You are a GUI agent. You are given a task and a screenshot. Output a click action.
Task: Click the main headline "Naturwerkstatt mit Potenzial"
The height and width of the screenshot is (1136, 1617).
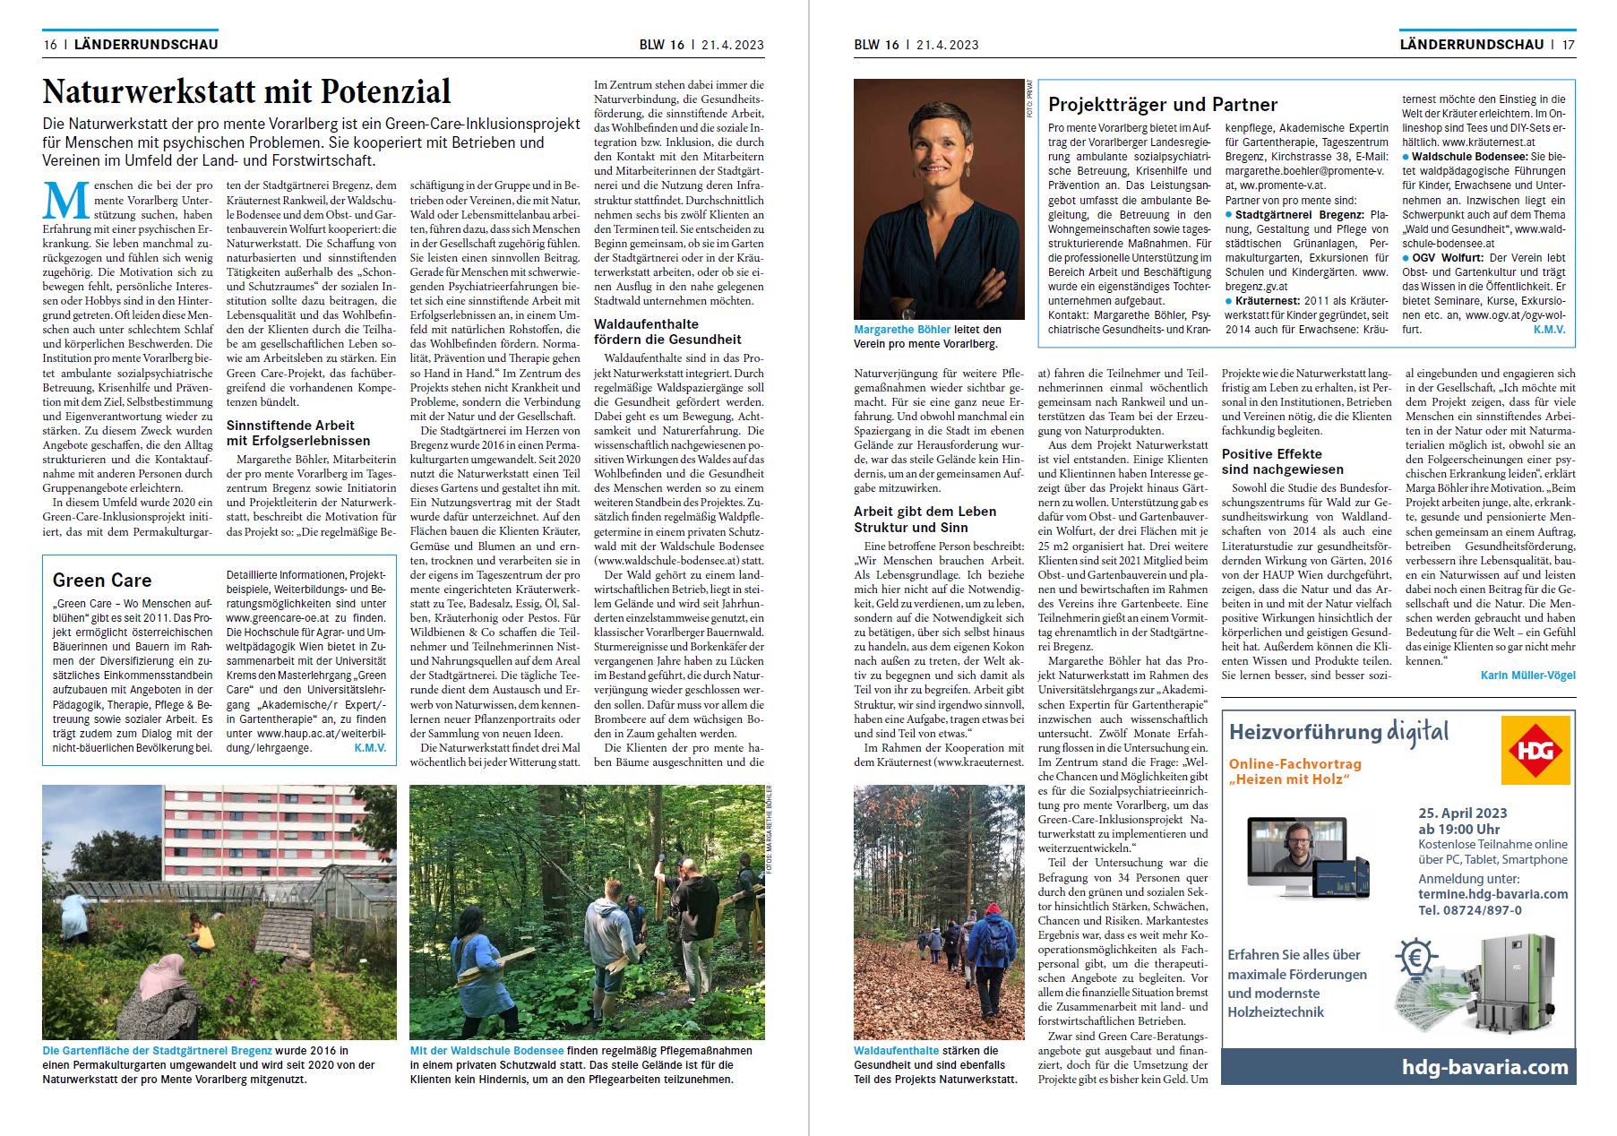click(x=246, y=92)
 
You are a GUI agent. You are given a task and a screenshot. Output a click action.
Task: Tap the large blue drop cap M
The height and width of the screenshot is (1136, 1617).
click(x=65, y=201)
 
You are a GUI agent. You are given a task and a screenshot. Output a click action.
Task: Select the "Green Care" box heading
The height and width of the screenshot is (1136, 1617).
click(x=102, y=581)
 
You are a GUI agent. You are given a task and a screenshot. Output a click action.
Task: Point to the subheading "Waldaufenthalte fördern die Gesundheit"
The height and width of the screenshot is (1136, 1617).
click(x=667, y=331)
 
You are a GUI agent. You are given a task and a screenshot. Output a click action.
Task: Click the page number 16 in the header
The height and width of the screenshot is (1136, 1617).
click(x=50, y=44)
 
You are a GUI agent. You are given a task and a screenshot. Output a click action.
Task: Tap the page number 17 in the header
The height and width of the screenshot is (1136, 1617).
click(x=1568, y=44)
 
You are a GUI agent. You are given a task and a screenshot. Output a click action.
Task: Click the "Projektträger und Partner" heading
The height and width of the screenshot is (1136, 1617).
click(x=1163, y=105)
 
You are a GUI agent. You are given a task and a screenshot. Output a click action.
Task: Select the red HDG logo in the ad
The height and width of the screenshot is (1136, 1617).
click(x=1535, y=750)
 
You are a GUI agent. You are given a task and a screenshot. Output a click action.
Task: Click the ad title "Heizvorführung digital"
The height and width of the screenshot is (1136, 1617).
click(x=1338, y=732)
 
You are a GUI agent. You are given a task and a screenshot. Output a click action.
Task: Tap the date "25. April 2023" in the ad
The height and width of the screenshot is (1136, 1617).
click(x=1462, y=813)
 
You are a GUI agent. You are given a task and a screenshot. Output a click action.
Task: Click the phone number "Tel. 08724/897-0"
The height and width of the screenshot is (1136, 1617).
click(x=1469, y=910)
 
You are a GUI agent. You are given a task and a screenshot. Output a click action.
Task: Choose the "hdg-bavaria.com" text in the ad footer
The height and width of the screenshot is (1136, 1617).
click(x=1484, y=1067)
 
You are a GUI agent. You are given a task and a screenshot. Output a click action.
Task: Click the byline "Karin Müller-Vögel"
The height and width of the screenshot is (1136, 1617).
click(x=1527, y=676)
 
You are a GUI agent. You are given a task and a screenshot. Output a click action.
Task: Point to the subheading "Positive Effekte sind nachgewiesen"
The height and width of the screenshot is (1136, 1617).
click(x=1282, y=461)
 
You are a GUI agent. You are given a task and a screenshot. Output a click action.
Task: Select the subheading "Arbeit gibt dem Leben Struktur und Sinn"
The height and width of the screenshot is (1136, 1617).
click(x=925, y=520)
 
